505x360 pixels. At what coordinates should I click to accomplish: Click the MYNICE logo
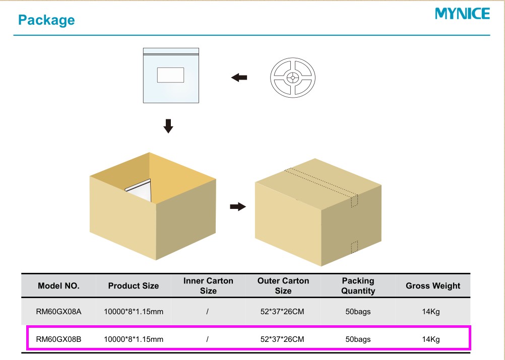click(462, 14)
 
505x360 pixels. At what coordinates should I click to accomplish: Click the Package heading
click(46, 20)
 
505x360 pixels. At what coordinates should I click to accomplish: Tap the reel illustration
click(293, 78)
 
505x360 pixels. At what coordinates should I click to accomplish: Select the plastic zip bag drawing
click(171, 76)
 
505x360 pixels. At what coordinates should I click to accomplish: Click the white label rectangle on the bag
click(170, 75)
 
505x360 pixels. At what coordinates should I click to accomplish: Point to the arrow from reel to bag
click(239, 78)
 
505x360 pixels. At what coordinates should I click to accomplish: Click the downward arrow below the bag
click(168, 126)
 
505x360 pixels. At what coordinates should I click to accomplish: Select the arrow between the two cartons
click(238, 206)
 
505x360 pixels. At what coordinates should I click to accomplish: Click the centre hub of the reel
click(293, 78)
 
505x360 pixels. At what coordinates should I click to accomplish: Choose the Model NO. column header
click(58, 285)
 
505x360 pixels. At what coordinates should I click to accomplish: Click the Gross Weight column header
click(433, 285)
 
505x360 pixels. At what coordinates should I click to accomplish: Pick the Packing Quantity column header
click(358, 285)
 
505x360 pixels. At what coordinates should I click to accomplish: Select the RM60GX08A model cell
click(58, 312)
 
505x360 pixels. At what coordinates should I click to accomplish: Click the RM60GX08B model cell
click(58, 339)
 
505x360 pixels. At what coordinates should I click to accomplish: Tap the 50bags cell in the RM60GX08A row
click(358, 312)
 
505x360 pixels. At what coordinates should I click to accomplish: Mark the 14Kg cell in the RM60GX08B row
click(431, 339)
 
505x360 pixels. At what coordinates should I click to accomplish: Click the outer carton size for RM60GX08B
click(282, 339)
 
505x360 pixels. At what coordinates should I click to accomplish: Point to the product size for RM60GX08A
click(134, 312)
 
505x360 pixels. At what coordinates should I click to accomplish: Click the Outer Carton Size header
click(283, 285)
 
